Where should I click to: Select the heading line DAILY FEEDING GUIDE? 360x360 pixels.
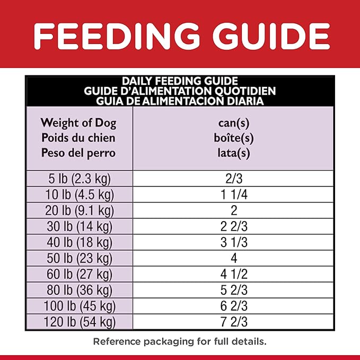pos(180,81)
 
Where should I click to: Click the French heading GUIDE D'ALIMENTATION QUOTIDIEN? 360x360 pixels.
pos(180,91)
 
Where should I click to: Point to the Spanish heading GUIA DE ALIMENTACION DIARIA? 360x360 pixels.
pos(180,100)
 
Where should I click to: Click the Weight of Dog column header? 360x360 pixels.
pos(78,124)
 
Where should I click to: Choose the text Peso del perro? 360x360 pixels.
pos(78,153)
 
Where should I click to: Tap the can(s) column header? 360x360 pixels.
pos(234,124)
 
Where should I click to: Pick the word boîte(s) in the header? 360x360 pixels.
pos(234,138)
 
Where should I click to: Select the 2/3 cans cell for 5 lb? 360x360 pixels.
pos(234,179)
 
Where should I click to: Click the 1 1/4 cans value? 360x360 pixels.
pos(234,195)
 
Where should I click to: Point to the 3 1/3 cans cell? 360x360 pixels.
pos(234,242)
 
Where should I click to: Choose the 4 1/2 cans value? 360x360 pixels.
pos(234,274)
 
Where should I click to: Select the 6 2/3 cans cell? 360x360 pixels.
pos(234,306)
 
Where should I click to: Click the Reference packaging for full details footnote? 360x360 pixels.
pos(180,341)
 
